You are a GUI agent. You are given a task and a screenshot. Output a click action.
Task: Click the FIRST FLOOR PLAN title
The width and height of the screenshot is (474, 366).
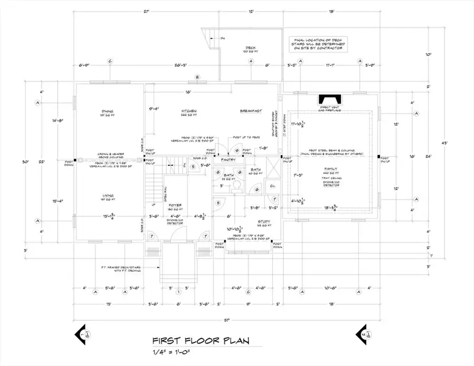(x=201, y=341)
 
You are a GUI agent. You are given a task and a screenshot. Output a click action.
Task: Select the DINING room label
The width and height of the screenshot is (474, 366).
(x=109, y=111)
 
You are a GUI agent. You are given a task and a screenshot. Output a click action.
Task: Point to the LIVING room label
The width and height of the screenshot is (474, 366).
(x=109, y=195)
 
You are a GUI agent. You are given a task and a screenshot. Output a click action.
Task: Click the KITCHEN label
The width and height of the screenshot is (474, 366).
(x=189, y=111)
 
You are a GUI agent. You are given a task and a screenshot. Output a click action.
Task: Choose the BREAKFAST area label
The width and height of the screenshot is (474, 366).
(x=251, y=111)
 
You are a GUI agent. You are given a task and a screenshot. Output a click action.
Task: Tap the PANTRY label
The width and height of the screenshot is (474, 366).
(x=228, y=159)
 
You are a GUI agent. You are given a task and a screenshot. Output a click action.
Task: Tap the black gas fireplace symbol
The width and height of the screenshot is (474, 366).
(x=329, y=100)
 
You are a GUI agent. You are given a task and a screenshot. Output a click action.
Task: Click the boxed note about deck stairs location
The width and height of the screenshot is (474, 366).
(x=316, y=44)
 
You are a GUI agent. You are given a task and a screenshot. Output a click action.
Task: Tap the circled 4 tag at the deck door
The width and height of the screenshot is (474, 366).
(x=251, y=62)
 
